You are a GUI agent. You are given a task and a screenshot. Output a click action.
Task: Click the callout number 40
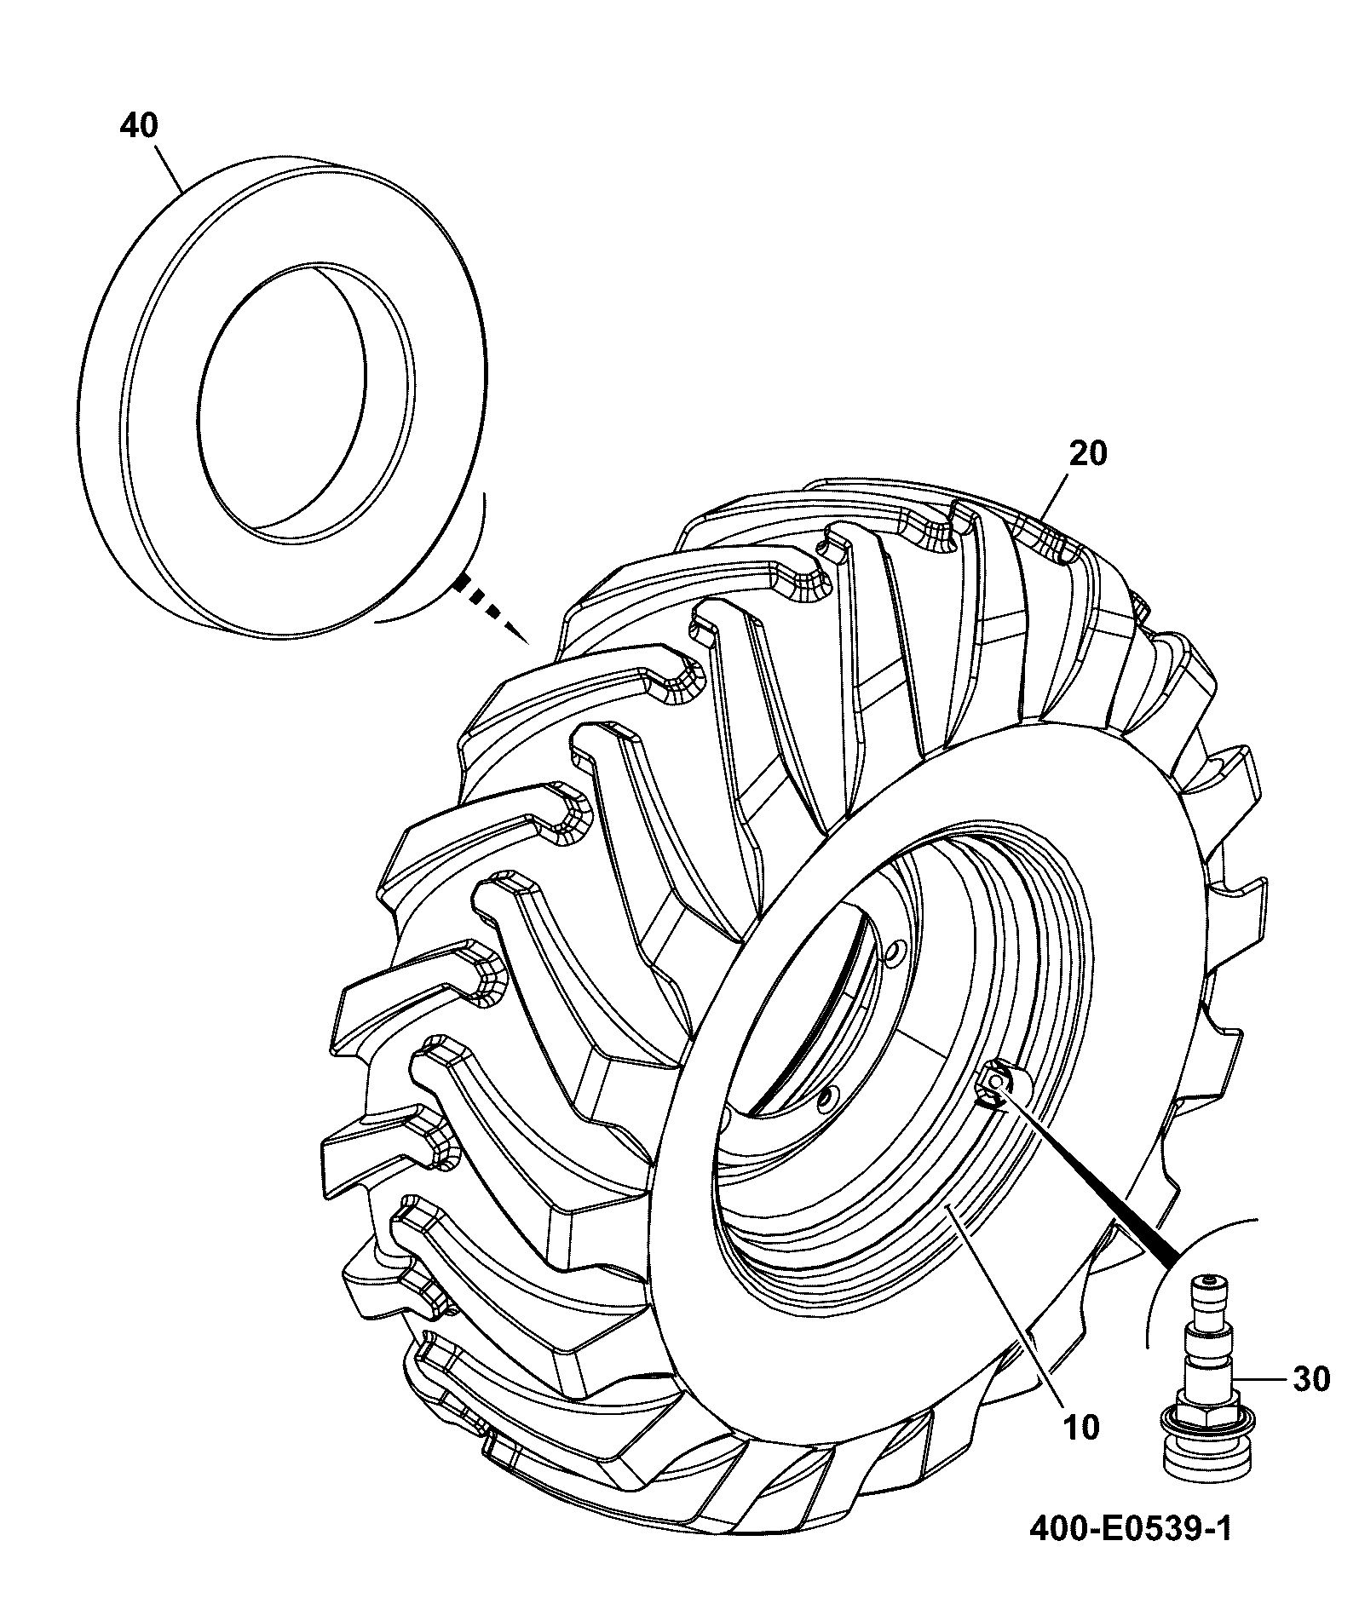click(x=139, y=126)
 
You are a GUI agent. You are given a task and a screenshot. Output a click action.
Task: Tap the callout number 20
click(x=1088, y=453)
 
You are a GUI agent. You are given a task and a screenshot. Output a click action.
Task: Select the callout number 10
click(x=1081, y=1427)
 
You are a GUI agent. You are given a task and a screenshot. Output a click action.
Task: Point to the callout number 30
click(x=1311, y=1380)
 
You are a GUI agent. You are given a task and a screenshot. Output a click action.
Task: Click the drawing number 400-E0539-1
click(x=1131, y=1530)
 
